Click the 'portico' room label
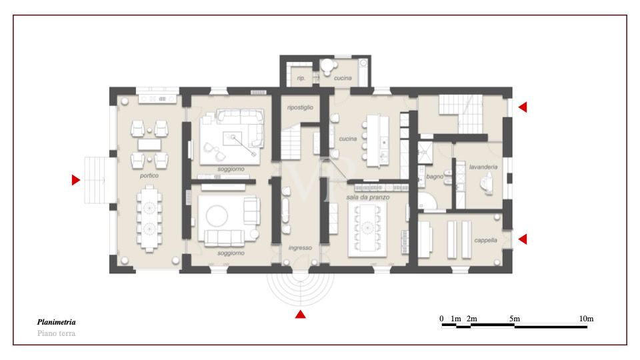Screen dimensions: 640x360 (149, 175)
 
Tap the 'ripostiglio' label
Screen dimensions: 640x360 (300, 107)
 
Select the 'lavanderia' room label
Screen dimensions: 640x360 (483, 167)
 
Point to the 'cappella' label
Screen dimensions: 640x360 (485, 241)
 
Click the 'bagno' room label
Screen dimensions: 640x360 (435, 177)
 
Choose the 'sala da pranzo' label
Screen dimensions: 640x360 (368, 197)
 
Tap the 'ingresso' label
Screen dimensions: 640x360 (300, 248)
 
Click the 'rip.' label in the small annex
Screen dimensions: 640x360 (301, 78)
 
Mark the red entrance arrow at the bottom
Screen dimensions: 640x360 (301, 314)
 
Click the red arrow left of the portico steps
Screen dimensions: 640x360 (76, 180)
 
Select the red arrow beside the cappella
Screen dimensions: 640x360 (523, 239)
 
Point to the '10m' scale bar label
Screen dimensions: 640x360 (586, 319)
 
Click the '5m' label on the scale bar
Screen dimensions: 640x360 (514, 319)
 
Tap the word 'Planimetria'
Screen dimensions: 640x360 (56, 322)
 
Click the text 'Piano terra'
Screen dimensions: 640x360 (56, 333)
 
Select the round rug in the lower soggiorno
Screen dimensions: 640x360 (217, 216)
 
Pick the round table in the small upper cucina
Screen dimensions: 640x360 (327, 65)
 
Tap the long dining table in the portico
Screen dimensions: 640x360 (149, 218)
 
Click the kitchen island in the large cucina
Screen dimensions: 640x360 (378, 141)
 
